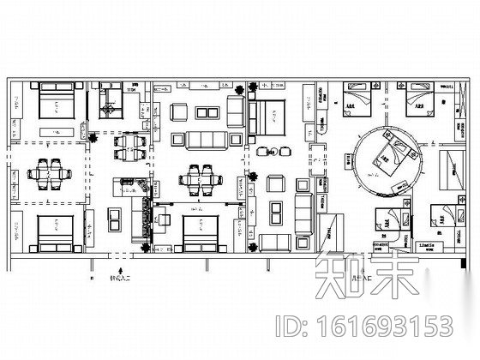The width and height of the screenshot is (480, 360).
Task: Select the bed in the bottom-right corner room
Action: click(438, 215)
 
